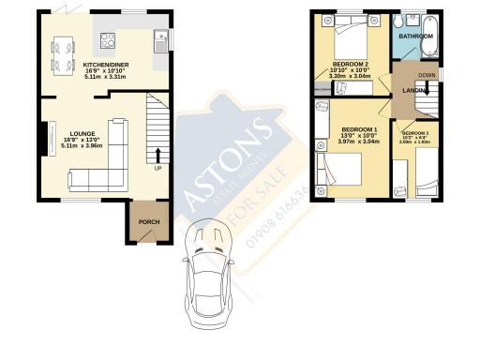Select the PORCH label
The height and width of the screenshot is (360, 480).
point(148,222)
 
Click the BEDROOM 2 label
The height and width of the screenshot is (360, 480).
point(350,64)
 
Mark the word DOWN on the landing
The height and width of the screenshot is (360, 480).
point(427,75)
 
